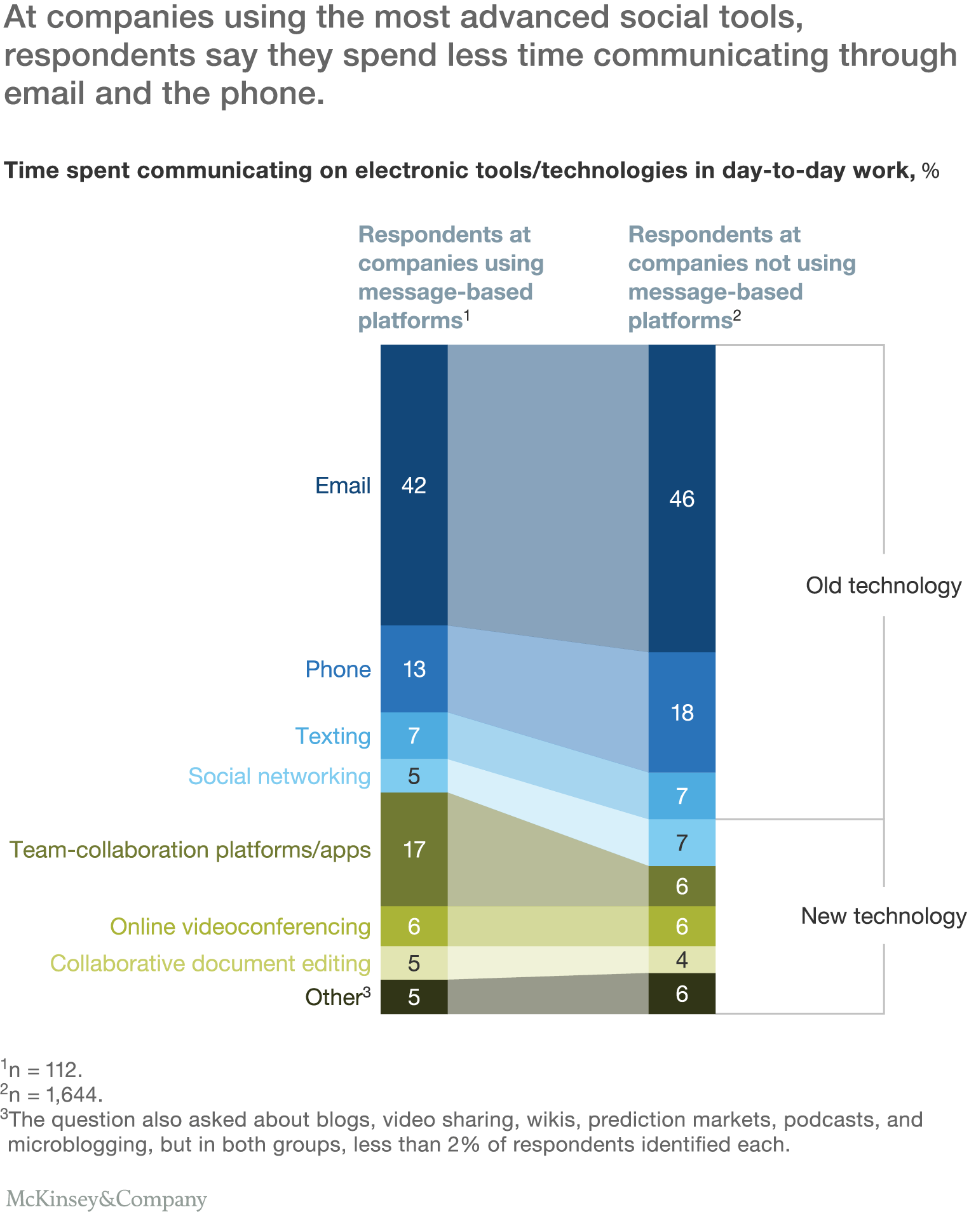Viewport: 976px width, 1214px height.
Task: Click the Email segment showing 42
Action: click(414, 485)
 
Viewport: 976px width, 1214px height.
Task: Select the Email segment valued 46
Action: click(682, 498)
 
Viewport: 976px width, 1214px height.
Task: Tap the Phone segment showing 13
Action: click(414, 669)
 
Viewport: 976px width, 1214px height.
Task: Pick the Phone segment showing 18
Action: click(682, 712)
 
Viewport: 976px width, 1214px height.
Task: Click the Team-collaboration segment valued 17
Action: click(414, 850)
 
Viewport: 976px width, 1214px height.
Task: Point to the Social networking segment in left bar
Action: click(414, 776)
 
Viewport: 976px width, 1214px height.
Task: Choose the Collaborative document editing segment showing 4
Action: click(682, 959)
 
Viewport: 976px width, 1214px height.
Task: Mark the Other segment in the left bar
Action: click(414, 997)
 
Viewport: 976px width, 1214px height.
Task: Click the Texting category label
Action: click(332, 736)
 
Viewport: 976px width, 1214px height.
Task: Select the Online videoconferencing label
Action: click(240, 926)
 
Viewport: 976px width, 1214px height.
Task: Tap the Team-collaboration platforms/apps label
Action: click(190, 850)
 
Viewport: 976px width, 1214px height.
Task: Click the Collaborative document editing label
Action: click(210, 963)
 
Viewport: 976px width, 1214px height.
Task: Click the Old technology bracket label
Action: click(883, 585)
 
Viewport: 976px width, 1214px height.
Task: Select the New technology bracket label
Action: click(883, 916)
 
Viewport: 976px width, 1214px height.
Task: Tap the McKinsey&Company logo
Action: click(106, 1199)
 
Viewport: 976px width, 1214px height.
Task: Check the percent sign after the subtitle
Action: click(930, 171)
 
